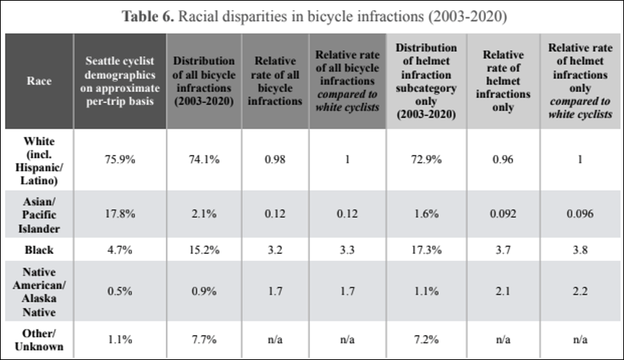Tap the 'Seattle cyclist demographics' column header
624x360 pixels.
[119, 81]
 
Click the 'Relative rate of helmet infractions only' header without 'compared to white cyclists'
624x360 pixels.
[502, 81]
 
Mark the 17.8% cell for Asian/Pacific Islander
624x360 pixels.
[119, 215]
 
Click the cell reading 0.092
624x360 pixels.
[502, 215]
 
